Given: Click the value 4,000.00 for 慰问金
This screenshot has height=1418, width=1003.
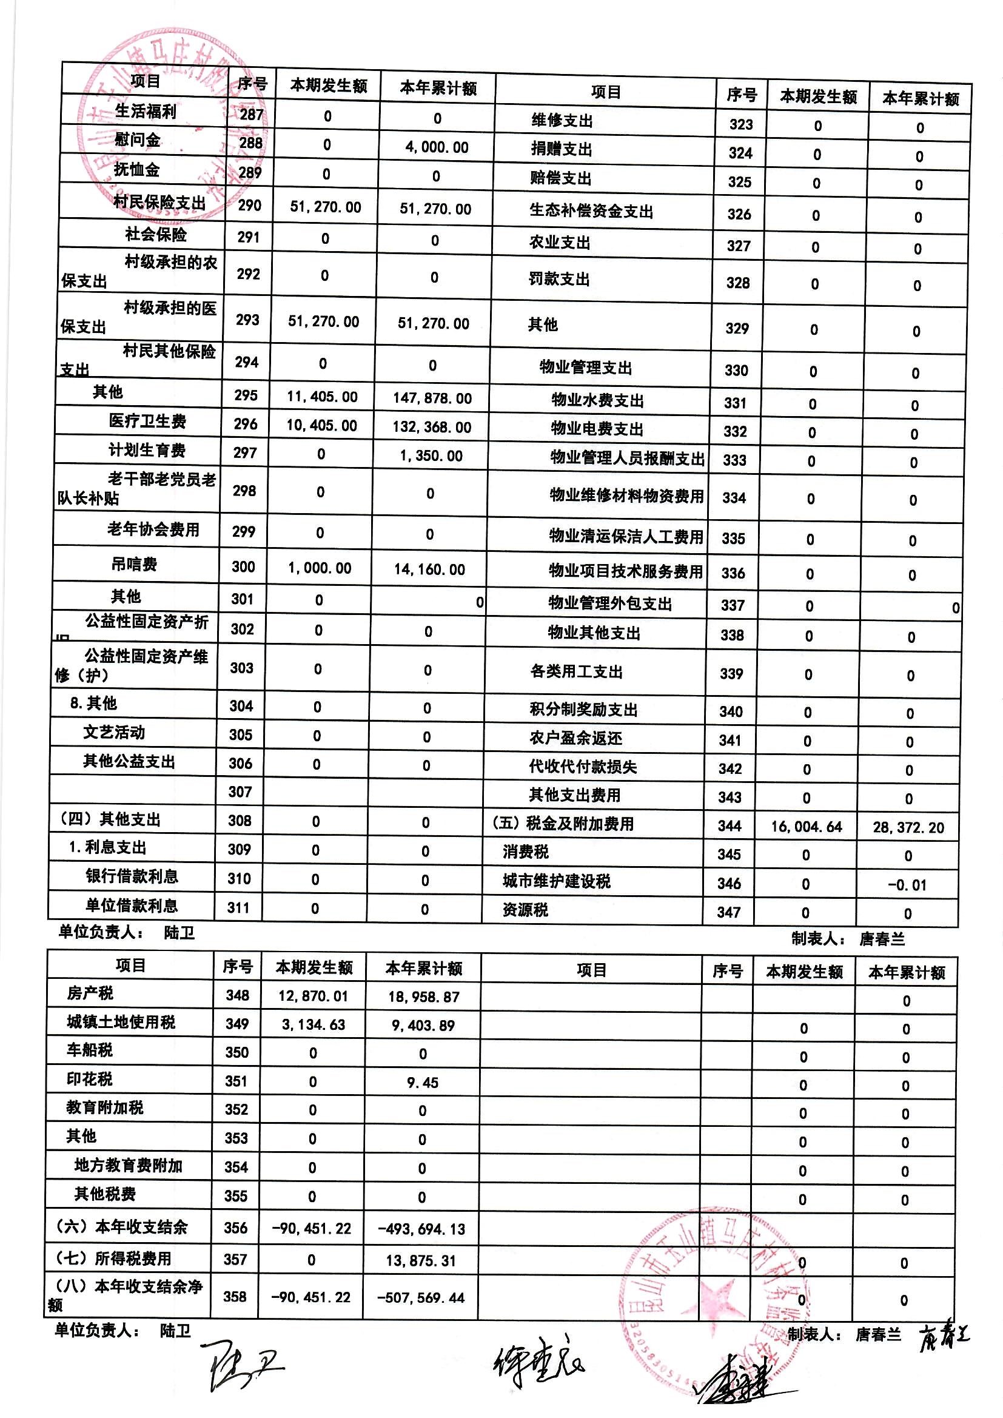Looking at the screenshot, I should [x=437, y=147].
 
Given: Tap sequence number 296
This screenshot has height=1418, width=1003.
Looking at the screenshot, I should [x=245, y=425].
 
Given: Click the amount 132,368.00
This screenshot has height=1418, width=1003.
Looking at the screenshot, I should [x=432, y=428].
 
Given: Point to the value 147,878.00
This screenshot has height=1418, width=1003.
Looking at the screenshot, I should [x=432, y=398].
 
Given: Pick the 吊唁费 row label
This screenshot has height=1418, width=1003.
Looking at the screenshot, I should [x=134, y=564].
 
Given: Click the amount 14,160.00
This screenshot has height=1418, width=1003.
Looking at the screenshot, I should [x=430, y=570].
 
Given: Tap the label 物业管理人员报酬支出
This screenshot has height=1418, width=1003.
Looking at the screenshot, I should [x=627, y=459].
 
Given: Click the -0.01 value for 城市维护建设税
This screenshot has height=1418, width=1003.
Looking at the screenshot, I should [x=907, y=885].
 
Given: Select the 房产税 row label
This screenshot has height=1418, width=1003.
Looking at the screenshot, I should [x=90, y=993].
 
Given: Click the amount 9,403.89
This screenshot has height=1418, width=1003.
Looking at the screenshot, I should [x=423, y=1026].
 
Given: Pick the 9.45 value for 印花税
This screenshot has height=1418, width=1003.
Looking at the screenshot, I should [x=423, y=1083].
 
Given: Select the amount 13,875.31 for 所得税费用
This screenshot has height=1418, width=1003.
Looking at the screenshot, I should [x=421, y=1260].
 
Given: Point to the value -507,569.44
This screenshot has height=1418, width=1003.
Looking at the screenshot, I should [x=421, y=1297].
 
